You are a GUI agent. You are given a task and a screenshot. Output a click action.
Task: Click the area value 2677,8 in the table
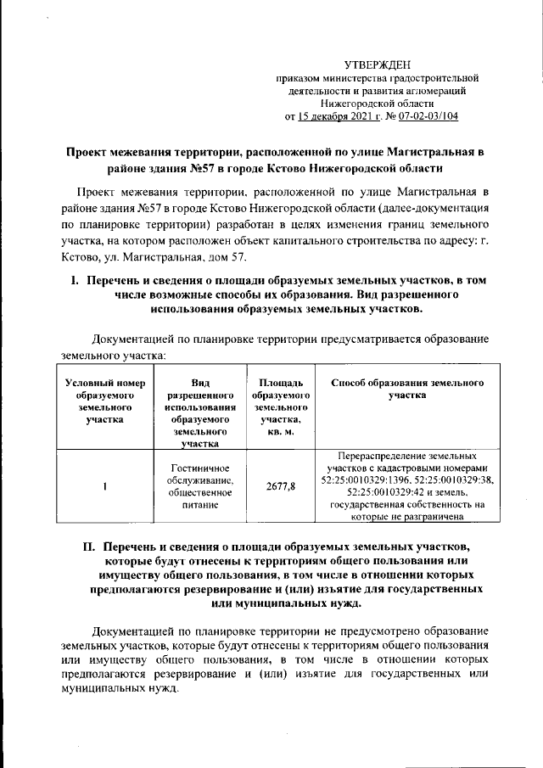coord(280,485)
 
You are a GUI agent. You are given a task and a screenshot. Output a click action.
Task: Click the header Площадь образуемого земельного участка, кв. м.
coord(280,406)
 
